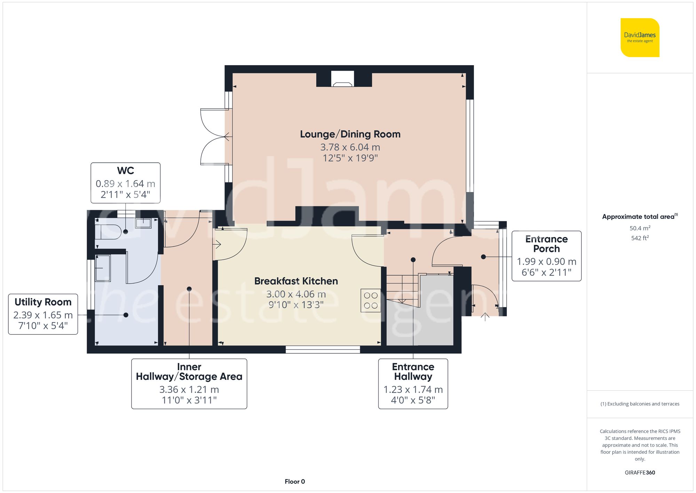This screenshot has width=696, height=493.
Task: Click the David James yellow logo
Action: (x=640, y=38)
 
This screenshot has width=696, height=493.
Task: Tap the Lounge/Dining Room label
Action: (x=350, y=134)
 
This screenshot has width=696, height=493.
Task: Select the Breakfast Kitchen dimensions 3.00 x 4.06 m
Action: (x=296, y=294)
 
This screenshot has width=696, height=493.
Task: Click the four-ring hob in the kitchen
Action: (x=371, y=300)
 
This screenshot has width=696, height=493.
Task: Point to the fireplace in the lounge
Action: (x=342, y=79)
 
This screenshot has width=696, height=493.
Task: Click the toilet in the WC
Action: (x=109, y=232)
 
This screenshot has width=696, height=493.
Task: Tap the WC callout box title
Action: (x=125, y=171)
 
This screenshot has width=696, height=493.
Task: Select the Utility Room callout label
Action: (x=43, y=302)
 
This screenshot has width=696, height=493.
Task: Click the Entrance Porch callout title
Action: (x=546, y=244)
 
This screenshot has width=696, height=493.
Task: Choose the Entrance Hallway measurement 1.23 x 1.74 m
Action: (x=413, y=390)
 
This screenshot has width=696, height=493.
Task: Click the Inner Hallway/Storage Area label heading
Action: (x=189, y=372)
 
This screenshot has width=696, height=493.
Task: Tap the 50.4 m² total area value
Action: (x=640, y=228)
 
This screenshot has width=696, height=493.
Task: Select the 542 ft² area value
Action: (x=640, y=238)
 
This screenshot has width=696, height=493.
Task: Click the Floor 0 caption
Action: (x=295, y=482)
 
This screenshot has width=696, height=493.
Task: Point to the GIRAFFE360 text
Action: (x=640, y=472)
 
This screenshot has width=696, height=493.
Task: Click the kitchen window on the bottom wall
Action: (x=323, y=349)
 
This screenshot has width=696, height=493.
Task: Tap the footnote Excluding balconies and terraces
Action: (x=640, y=404)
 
